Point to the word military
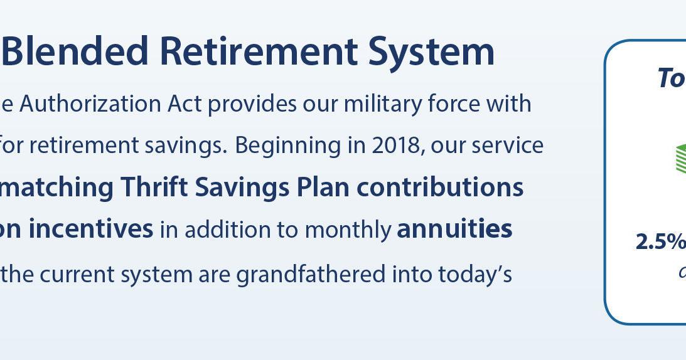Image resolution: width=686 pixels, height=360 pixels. [x=385, y=103]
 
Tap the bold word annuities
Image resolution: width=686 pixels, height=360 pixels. [x=454, y=230]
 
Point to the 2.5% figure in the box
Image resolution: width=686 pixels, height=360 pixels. [x=660, y=242]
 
